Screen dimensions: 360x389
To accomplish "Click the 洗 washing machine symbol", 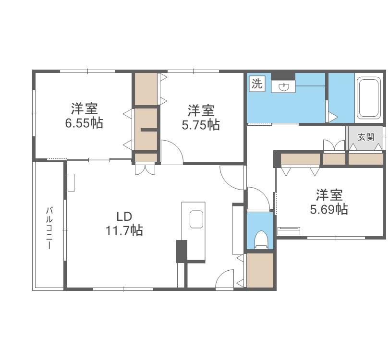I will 257,84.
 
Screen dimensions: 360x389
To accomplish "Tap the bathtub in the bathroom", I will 369,98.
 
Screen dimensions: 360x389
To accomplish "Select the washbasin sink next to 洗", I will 284,86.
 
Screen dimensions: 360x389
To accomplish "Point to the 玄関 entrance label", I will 366,137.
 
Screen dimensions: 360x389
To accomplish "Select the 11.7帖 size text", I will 124,230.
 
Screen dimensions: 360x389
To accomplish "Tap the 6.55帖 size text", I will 84,123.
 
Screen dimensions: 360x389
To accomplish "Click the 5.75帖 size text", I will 201,125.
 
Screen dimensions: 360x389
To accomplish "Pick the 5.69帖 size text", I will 329,209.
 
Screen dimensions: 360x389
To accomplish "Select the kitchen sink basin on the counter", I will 197,219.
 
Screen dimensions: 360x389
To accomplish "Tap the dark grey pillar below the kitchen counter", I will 182,251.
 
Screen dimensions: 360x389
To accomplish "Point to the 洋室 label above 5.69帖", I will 329,195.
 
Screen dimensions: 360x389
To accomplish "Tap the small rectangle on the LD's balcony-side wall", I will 71,183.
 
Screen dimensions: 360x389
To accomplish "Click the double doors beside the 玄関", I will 334,145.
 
